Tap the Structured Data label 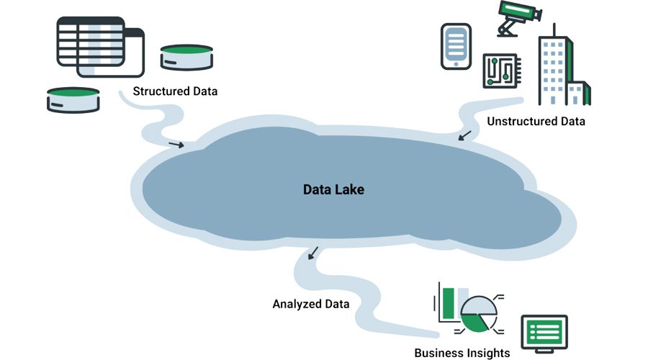[x=175, y=92]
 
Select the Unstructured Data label [x=536, y=121]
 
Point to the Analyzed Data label [x=310, y=304]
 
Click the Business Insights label [x=462, y=353]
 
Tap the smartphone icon [x=456, y=46]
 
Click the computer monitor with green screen [x=544, y=333]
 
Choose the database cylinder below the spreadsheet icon [x=73, y=100]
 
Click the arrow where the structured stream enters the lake [x=176, y=145]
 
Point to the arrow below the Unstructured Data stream [x=466, y=135]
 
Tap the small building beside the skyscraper [x=577, y=93]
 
